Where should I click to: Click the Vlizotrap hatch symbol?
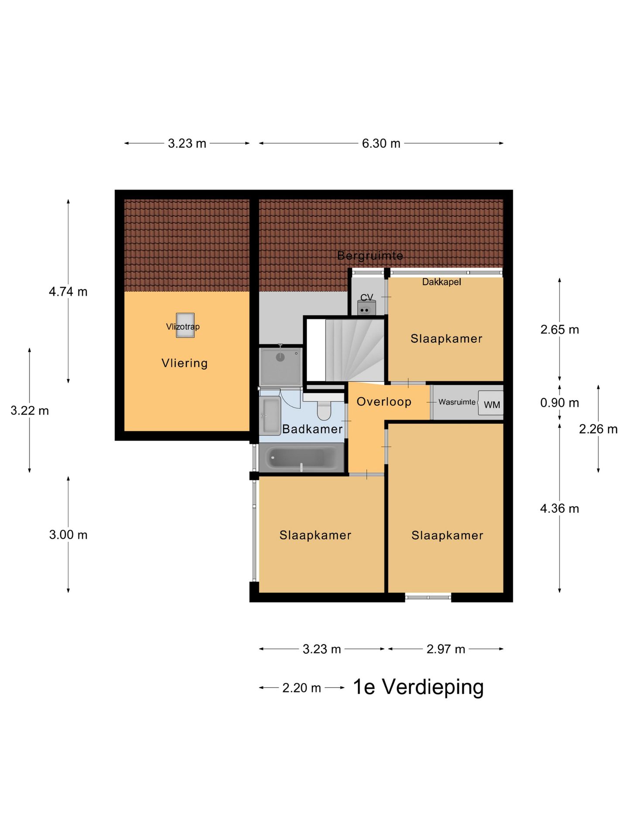185,325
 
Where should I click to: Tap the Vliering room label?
184,363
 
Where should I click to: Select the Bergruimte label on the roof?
370,255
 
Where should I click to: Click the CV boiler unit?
366,308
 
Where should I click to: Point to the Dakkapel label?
441,282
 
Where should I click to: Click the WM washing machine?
491,403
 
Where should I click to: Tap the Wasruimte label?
457,402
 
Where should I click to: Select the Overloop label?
384,401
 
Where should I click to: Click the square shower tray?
280,367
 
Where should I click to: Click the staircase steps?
354,350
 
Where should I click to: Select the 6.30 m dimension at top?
381,143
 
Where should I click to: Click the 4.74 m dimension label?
68,292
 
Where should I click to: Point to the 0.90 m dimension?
560,403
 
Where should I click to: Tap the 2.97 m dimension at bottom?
446,649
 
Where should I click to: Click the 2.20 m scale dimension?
301,688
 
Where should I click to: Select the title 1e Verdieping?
418,687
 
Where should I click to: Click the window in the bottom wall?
428,597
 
